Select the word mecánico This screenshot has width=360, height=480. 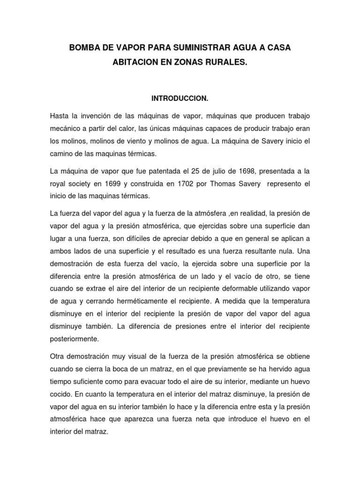(66, 127)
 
